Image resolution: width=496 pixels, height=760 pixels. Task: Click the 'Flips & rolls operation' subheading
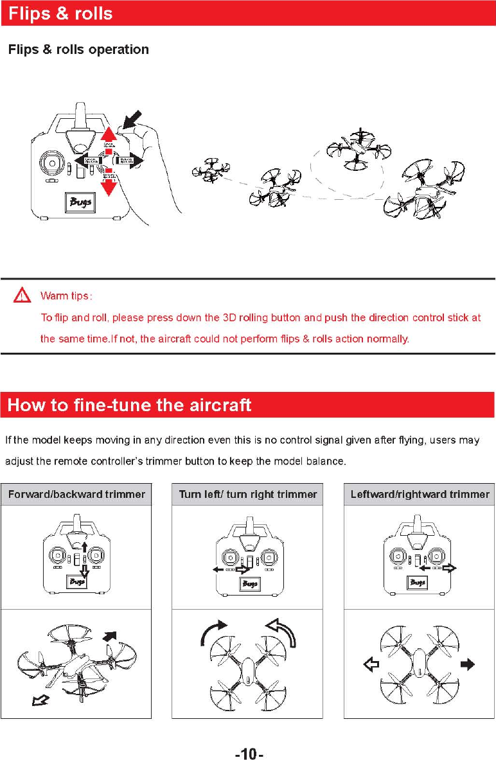pos(78,49)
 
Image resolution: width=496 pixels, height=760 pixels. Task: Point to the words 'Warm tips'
pos(66,296)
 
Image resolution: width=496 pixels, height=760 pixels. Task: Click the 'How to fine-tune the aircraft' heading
pos(129,405)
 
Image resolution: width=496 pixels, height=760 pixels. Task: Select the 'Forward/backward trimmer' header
pos(76,495)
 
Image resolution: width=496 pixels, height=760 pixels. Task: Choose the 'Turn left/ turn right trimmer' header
pos(248,495)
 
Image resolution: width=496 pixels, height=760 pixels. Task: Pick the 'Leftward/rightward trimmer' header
pos(420,495)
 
